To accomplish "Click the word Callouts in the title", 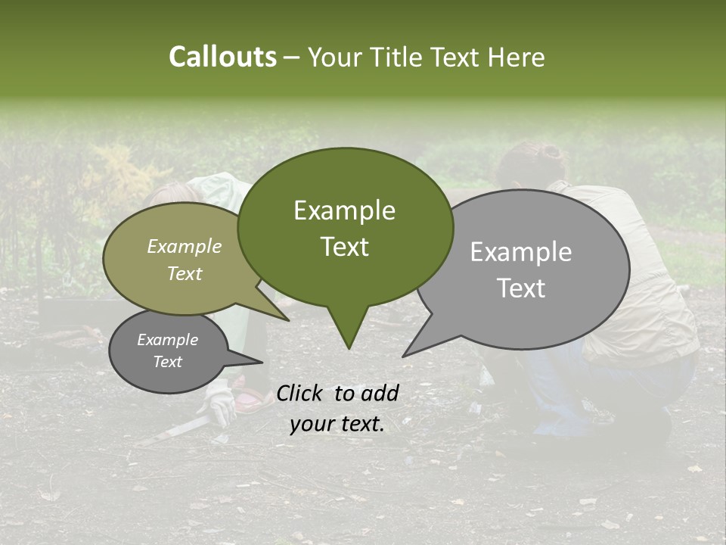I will [x=222, y=57].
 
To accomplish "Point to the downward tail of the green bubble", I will [x=348, y=333].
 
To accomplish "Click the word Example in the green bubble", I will [x=344, y=210].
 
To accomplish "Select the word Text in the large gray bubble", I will [x=522, y=288].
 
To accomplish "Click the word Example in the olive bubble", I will [x=184, y=246].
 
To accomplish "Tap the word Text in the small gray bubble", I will [x=167, y=362].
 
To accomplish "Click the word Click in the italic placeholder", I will [x=300, y=394].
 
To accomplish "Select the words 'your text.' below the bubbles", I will [x=337, y=424].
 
